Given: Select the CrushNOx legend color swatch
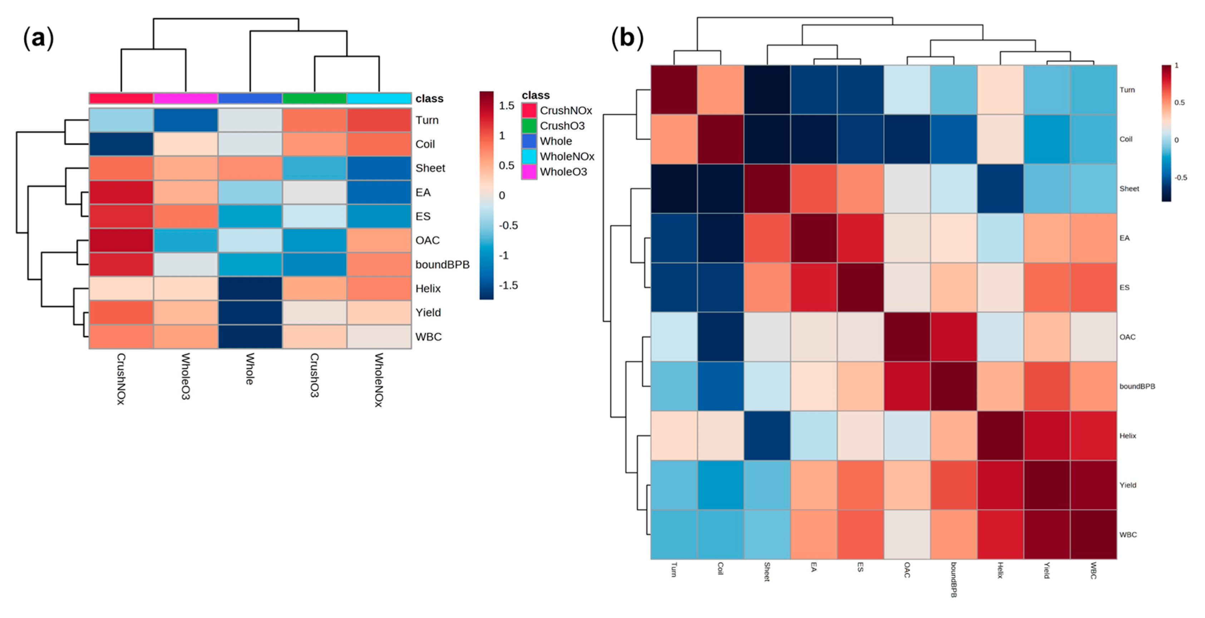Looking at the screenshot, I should pos(529,110).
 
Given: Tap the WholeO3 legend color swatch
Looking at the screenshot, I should pos(529,172).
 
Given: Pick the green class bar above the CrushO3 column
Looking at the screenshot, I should pos(314,98).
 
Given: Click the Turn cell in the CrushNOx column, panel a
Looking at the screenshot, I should pos(121,120).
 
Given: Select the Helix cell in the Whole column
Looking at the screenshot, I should pos(250,288).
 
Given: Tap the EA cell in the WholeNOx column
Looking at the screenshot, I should pos(379,192).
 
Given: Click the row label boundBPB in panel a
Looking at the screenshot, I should pos(442,264).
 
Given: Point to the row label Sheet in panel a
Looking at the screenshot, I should pos(430,168).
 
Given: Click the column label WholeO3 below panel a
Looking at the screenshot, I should pos(186,376).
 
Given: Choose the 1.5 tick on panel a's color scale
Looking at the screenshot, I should pos(507,106).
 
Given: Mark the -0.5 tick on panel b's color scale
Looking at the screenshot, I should pos(1180,178).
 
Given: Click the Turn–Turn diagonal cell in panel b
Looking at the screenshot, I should pos(674,90).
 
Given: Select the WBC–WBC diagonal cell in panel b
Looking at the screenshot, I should pos(1093,534).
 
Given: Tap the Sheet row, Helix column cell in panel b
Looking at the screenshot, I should pos(1000,188).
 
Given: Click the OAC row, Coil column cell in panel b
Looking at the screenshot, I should pos(720,337).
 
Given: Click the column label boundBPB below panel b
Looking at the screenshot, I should pos(953,580).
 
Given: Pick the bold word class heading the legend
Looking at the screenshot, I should pos(536,95).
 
